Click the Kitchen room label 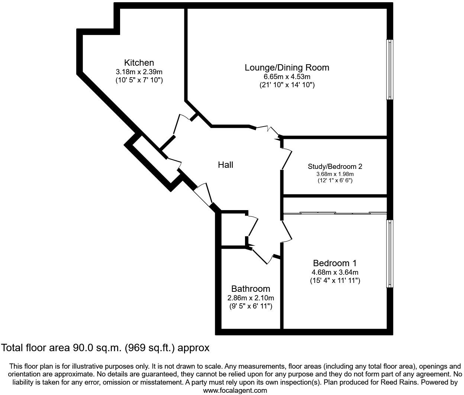[x=139, y=63]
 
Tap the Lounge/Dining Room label [x=287, y=68]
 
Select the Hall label [x=225, y=164]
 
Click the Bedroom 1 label [x=335, y=263]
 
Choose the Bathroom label [x=251, y=288]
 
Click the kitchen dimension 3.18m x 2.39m [x=139, y=72]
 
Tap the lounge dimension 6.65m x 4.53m [x=287, y=76]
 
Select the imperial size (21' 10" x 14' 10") [x=287, y=85]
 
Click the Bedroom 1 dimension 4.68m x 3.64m [x=335, y=272]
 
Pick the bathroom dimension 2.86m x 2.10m [x=251, y=298]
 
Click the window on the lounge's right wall [x=390, y=69]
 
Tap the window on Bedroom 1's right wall [x=390, y=253]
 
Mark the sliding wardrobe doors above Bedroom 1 [x=335, y=213]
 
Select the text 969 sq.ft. [x=151, y=348]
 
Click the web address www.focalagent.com [x=235, y=390]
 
